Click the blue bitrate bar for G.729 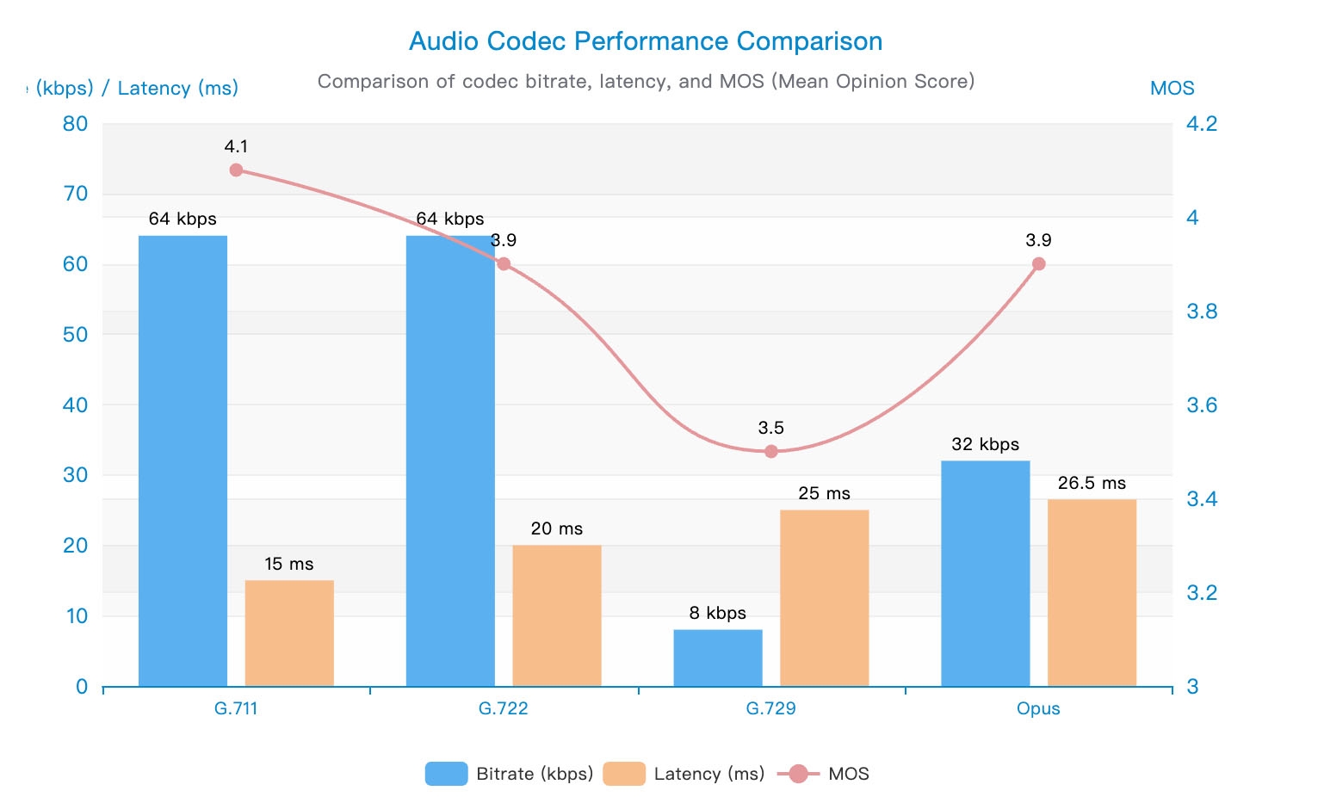(x=717, y=658)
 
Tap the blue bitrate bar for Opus (x=985, y=573)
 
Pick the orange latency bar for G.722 (x=556, y=615)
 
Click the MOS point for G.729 (x=771, y=451)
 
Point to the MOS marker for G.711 (x=236, y=170)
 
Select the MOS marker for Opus (x=1038, y=263)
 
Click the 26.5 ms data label (x=1092, y=483)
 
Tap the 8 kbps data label (x=717, y=613)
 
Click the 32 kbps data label (x=985, y=444)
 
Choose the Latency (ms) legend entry (x=684, y=774)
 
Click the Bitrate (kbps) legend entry (x=510, y=774)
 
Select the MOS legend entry (x=824, y=774)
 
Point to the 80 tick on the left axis (x=76, y=123)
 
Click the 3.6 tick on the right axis (x=1202, y=405)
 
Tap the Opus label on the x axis (x=1038, y=708)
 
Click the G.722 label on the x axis (x=503, y=708)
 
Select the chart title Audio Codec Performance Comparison (x=646, y=41)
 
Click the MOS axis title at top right (x=1172, y=88)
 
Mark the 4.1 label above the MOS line (x=236, y=146)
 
